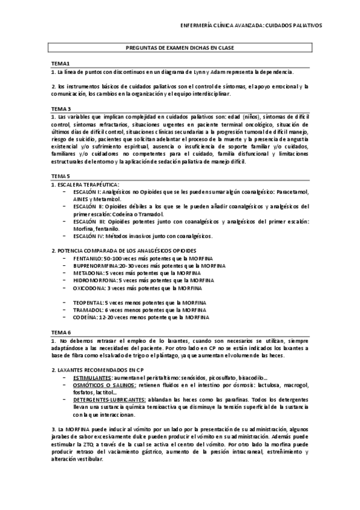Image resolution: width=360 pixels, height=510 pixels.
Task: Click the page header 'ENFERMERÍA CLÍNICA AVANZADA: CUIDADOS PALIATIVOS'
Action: pyautogui.click(x=251, y=26)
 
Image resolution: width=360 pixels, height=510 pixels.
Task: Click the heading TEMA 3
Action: pyautogui.click(x=61, y=108)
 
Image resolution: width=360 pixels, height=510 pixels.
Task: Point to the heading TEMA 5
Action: pyautogui.click(x=61, y=176)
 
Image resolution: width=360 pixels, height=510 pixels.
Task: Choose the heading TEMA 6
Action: pyautogui.click(x=61, y=332)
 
